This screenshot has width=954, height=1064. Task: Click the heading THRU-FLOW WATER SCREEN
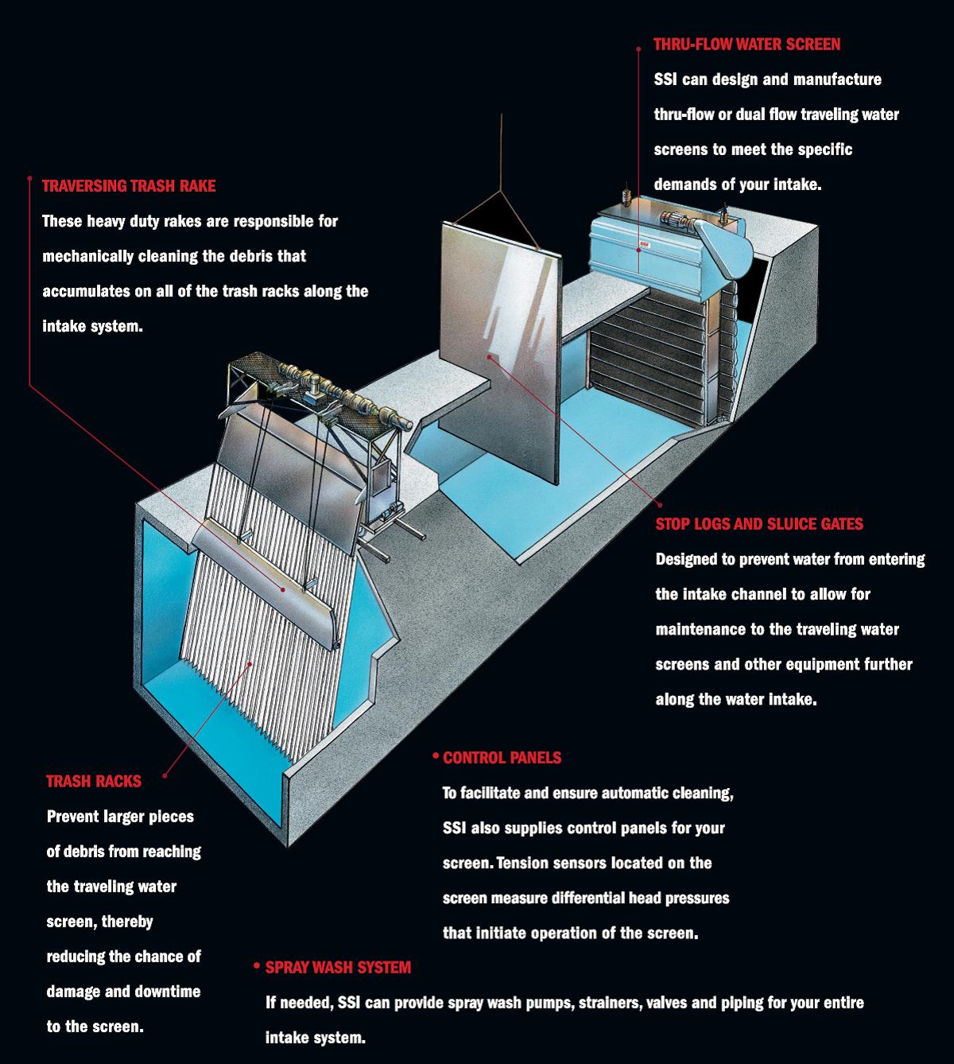pos(747,45)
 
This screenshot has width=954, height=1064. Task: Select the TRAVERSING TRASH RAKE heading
pos(129,186)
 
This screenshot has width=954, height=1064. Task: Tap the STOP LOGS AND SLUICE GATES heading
pos(759,524)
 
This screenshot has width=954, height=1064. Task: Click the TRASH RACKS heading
pos(94,782)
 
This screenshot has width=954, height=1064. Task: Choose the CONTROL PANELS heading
pos(502,758)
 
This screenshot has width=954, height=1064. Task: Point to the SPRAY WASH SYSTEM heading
pos(338,968)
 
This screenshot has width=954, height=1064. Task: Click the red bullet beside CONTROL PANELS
pos(435,755)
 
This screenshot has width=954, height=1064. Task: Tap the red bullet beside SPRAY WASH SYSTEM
pos(257,966)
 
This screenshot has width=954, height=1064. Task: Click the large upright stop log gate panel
pos(501,350)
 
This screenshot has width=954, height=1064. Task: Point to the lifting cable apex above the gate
pos(502,191)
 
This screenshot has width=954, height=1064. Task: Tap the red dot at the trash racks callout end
pos(164,775)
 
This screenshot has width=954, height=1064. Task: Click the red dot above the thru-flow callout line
pos(638,48)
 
